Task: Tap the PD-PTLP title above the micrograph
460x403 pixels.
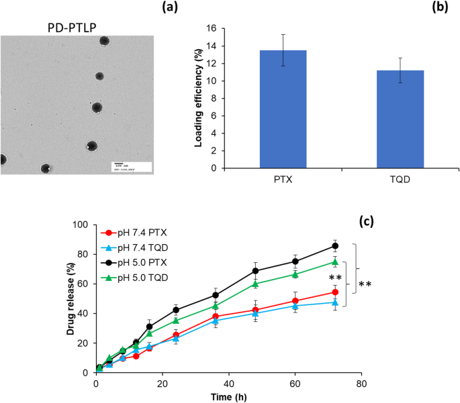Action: (79, 27)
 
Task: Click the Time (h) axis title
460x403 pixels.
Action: (228, 397)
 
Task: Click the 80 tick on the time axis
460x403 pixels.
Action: (361, 384)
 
